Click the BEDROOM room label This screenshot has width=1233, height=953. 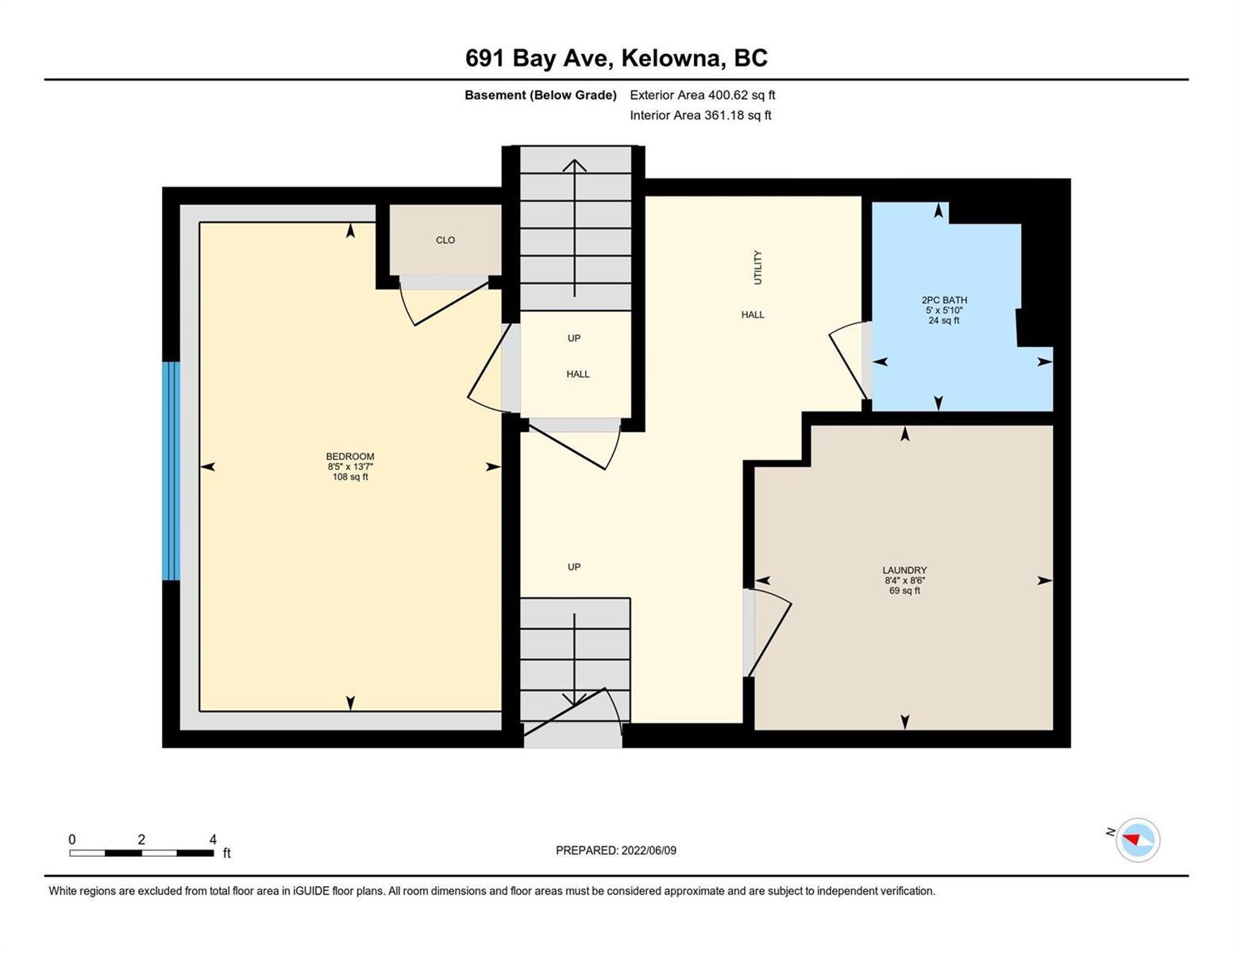350,457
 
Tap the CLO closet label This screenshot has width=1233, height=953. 445,240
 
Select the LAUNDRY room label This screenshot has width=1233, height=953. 904,570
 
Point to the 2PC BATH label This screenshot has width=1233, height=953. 944,299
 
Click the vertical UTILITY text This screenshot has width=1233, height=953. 757,268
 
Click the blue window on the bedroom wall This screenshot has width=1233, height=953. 171,470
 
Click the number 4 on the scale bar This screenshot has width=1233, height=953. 213,839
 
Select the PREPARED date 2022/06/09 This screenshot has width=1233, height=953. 649,851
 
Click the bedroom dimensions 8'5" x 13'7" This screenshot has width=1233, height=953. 350,466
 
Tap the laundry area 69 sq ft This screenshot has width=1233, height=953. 904,590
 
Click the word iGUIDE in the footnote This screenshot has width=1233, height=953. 311,890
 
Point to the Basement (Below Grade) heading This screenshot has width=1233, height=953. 540,95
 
